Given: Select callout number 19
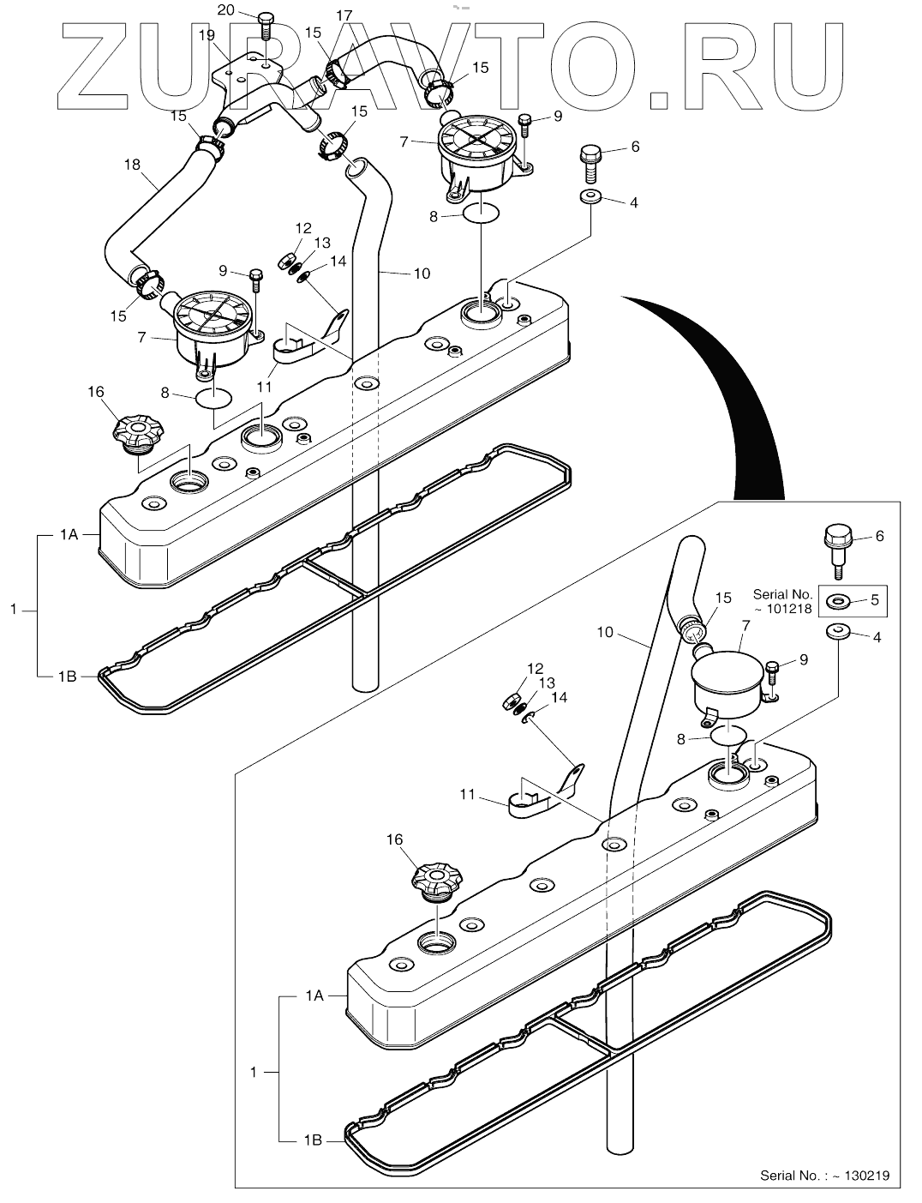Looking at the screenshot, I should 207,35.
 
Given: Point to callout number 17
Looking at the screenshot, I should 344,15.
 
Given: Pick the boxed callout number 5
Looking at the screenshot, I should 874,600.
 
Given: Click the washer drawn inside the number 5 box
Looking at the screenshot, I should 837,602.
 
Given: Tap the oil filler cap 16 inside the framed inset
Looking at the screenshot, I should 438,880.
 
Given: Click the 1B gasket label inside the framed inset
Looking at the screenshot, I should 312,1140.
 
